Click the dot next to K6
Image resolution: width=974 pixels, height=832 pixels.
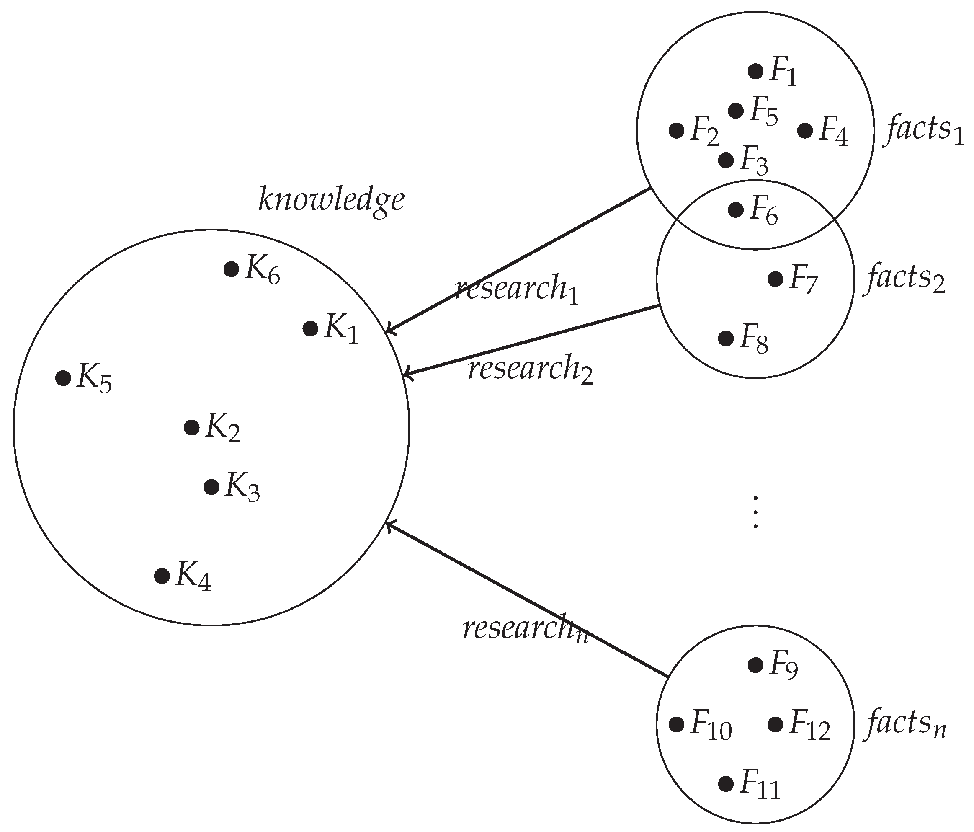pyautogui.click(x=231, y=269)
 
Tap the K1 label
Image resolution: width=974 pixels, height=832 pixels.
pyautogui.click(x=341, y=329)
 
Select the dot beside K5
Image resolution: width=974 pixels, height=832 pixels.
pyautogui.click(x=63, y=378)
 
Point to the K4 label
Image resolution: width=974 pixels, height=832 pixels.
pyautogui.click(x=193, y=576)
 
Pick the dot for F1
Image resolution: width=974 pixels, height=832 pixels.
pyautogui.click(x=755, y=72)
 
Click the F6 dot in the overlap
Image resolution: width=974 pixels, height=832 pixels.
pyautogui.click(x=736, y=210)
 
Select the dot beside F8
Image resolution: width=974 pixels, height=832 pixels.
pyautogui.click(x=726, y=338)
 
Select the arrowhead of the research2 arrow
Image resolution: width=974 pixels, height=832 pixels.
pyautogui.click(x=406, y=375)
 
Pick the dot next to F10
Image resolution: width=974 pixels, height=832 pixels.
pyautogui.click(x=676, y=725)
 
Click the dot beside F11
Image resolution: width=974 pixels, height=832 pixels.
pyautogui.click(x=726, y=783)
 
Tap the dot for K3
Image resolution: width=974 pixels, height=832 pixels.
pyautogui.click(x=211, y=487)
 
